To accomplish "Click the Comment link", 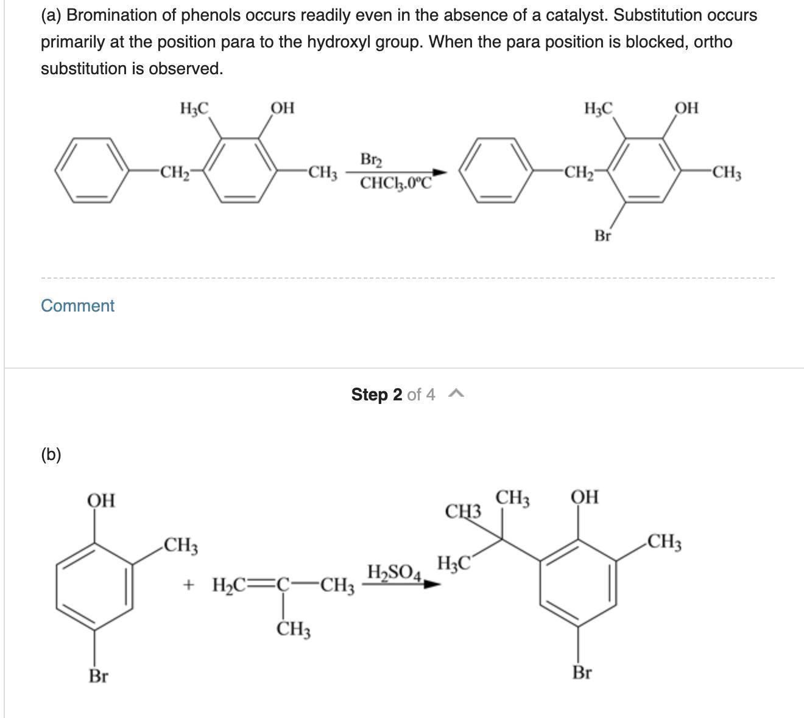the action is (77, 305).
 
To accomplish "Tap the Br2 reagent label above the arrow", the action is (371, 160).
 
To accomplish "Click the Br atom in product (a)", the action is (602, 235).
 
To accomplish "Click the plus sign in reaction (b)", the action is (188, 584).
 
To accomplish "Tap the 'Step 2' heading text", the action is (376, 394).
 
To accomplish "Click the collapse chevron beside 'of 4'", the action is (456, 394).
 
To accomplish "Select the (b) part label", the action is (51, 455).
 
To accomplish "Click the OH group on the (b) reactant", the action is (101, 500).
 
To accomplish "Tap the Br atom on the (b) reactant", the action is (98, 675).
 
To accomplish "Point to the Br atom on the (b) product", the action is (582, 672).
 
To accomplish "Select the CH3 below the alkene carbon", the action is (293, 629).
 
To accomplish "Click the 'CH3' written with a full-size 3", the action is (463, 511).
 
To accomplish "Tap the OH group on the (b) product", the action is (585, 497).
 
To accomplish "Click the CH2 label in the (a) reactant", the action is (175, 172).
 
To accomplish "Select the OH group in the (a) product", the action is (686, 108).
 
